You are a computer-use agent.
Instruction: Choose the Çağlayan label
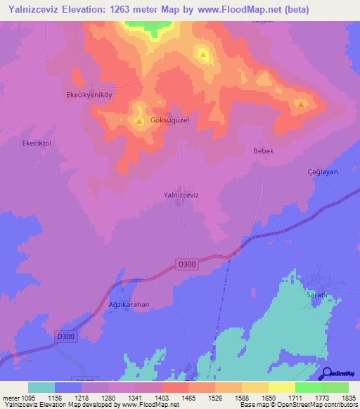point(323,172)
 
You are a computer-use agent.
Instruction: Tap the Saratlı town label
point(315,295)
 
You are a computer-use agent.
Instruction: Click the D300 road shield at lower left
point(65,337)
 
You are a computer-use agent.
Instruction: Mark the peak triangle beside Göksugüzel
point(139,122)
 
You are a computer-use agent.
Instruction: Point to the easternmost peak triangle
point(301,105)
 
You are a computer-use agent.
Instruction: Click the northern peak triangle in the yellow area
point(203,54)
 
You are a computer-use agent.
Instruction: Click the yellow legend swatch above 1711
point(281,387)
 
